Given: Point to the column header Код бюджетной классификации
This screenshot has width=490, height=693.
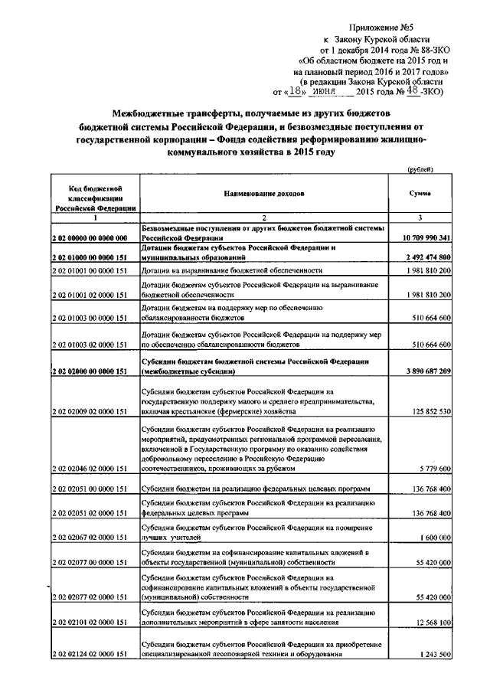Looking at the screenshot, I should click(95, 197).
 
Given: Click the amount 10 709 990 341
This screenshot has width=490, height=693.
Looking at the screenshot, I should click(424, 238).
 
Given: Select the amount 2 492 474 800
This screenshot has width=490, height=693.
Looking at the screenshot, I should click(427, 256).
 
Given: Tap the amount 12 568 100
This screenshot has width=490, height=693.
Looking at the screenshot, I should click(431, 621).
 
